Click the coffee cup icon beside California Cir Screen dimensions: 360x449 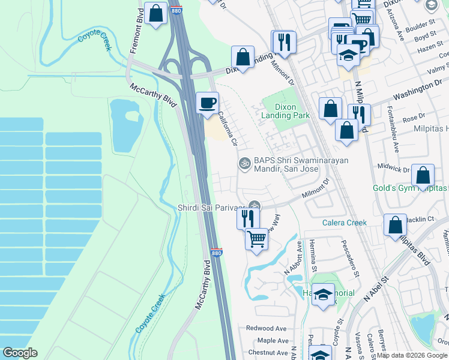(x=208, y=103)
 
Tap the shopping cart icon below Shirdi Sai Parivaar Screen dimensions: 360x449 (x=257, y=239)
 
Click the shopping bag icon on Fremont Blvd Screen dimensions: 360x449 (x=155, y=13)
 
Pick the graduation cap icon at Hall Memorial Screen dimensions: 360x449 (x=324, y=295)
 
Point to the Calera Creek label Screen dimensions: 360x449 (x=344, y=223)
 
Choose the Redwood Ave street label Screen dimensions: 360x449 (x=267, y=329)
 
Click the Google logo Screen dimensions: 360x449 (x=20, y=353)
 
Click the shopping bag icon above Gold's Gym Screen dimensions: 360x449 (x=423, y=175)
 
